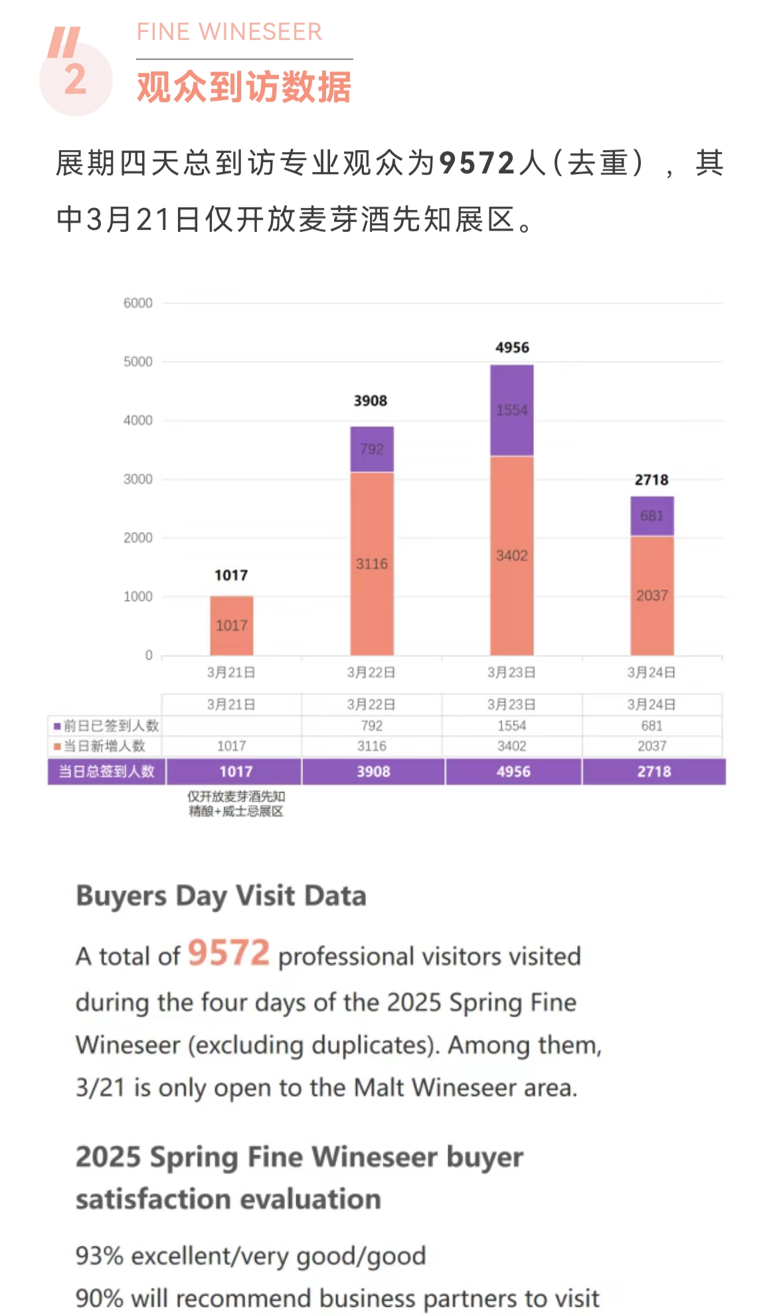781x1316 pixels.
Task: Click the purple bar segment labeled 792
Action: [372, 449]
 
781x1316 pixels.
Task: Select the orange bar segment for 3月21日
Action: [231, 625]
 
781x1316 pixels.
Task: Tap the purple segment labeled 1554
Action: [511, 410]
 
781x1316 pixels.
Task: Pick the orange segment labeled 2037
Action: [651, 595]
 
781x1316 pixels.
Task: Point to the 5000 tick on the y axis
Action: [138, 361]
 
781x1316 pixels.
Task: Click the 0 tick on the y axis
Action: [149, 655]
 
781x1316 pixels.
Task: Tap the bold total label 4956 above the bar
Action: [512, 347]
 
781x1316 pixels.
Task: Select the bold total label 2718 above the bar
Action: [651, 480]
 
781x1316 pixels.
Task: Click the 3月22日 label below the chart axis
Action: [371, 672]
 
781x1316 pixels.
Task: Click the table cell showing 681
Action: [651, 725]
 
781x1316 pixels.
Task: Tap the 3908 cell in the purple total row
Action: [373, 771]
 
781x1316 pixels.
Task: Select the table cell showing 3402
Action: [511, 746]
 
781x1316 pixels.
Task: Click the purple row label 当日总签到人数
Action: [106, 771]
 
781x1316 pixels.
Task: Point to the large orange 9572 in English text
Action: [228, 953]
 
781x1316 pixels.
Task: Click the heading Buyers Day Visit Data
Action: [221, 895]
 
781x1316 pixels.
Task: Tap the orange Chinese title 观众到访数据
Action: [244, 87]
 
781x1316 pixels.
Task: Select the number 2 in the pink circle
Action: [75, 80]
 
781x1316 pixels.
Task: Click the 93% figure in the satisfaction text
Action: [100, 1256]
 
